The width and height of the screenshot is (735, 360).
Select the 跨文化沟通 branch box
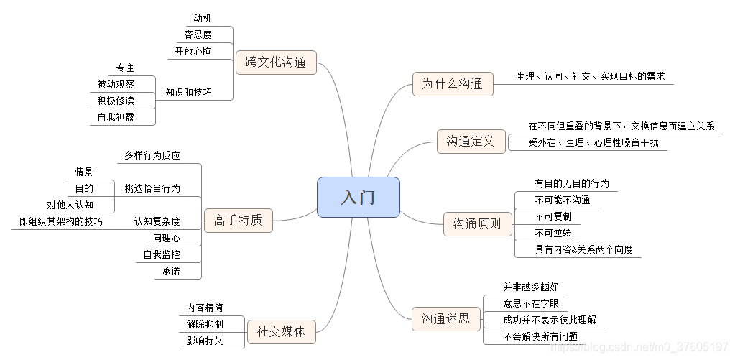point(275,63)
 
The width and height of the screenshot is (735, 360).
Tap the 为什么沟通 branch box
point(453,83)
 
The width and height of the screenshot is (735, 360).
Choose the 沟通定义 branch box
point(471,142)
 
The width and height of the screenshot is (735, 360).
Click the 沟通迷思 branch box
point(445,318)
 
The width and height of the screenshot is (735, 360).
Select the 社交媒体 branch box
point(281,331)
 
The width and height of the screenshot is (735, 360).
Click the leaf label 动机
point(203,17)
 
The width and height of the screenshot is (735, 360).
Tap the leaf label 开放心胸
point(193,51)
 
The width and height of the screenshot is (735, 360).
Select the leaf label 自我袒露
point(116,117)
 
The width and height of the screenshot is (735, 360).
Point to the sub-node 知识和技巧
point(188,92)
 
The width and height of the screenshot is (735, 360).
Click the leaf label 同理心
point(167,238)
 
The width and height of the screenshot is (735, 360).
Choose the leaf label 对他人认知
point(70,205)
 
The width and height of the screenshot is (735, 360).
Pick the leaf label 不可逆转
point(553,233)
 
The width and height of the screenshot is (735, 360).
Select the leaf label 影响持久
point(205,341)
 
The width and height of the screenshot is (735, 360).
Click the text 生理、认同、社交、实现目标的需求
point(590,76)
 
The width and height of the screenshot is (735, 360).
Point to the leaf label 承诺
point(171,271)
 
